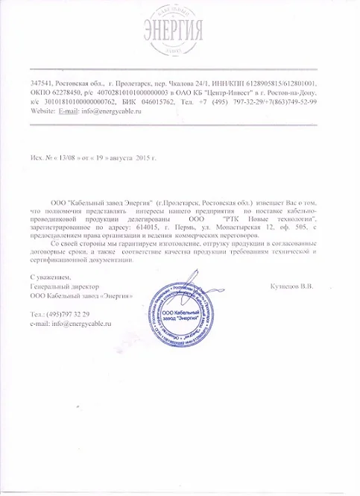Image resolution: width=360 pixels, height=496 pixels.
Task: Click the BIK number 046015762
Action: click(x=157, y=101)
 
